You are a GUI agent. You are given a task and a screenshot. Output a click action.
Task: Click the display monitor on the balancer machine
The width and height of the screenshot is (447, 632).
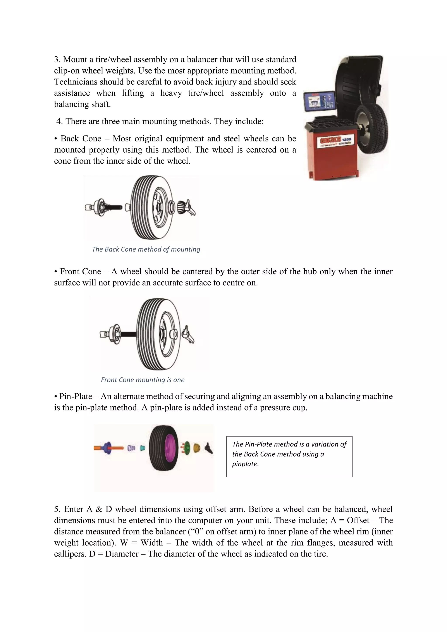click(320, 102)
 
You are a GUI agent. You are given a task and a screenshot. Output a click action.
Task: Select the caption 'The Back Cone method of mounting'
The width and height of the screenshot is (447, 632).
click(146, 249)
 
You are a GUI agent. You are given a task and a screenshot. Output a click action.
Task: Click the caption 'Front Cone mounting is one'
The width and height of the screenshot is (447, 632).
click(143, 380)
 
